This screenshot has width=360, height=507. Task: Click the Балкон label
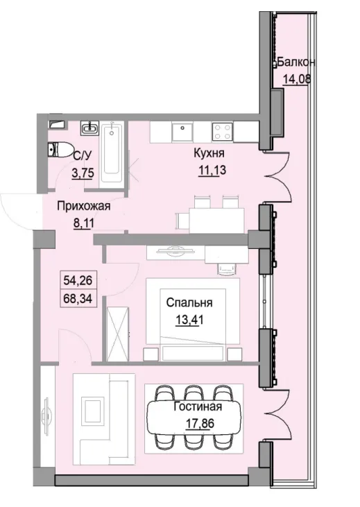(x=296, y=62)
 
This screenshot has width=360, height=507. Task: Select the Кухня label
(x=207, y=152)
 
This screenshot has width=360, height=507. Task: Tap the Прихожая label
(x=84, y=205)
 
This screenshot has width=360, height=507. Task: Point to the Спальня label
(x=188, y=302)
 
